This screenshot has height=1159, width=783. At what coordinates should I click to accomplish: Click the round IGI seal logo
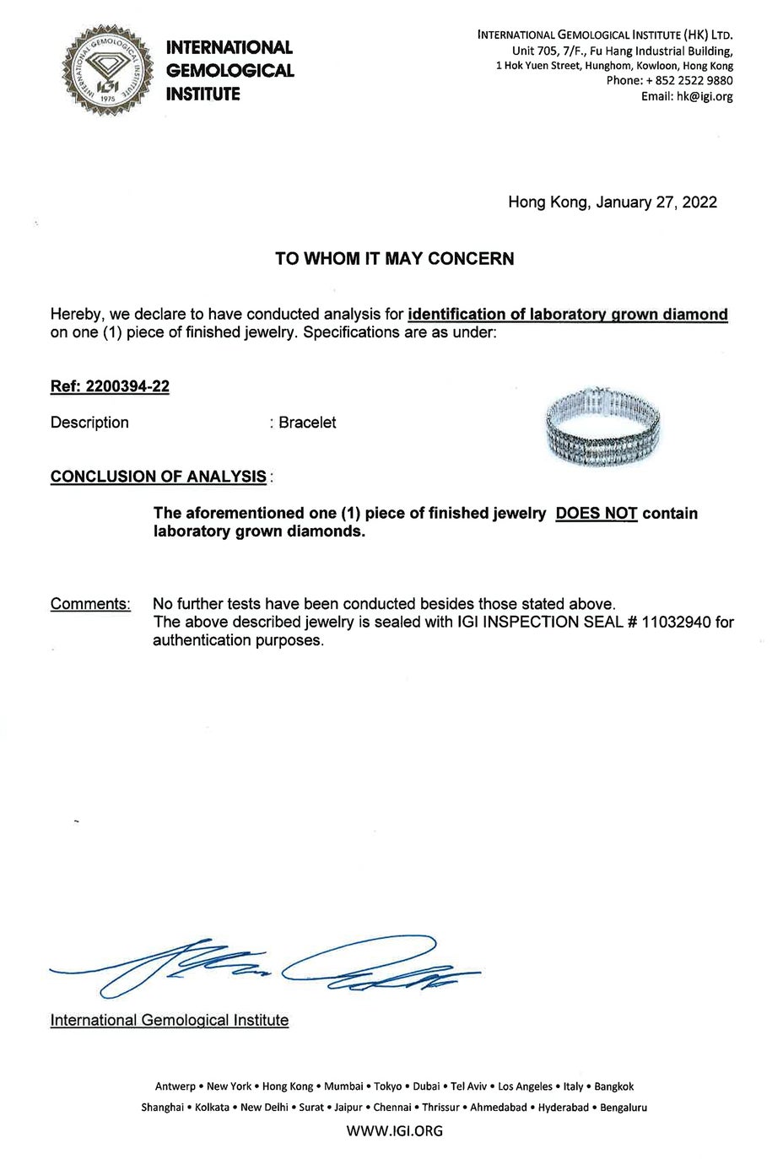pyautogui.click(x=107, y=71)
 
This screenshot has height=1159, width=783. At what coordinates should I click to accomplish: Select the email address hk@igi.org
pyautogui.click(x=704, y=96)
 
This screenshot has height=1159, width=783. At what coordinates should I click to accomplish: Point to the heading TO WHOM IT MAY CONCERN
pyautogui.click(x=394, y=259)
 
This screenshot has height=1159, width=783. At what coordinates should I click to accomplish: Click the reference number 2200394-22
pyautogui.click(x=127, y=386)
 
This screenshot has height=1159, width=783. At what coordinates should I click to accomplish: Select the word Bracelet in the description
pyautogui.click(x=307, y=423)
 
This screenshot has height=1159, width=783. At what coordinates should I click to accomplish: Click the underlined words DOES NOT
pyautogui.click(x=596, y=514)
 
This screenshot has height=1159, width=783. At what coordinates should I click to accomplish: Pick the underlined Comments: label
pyautogui.click(x=90, y=604)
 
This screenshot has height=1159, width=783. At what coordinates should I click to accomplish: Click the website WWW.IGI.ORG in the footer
pyautogui.click(x=394, y=1130)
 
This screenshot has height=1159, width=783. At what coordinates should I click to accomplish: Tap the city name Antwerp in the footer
pyautogui.click(x=175, y=1086)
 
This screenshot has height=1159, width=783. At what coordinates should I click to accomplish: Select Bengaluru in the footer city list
pyautogui.click(x=624, y=1108)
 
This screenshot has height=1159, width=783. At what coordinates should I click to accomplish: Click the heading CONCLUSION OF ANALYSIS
pyautogui.click(x=159, y=477)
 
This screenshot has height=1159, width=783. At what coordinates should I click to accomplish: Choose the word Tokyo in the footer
pyautogui.click(x=387, y=1086)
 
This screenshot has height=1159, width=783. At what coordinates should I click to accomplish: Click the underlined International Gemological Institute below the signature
pyautogui.click(x=170, y=1021)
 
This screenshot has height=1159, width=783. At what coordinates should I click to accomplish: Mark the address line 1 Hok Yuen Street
pyautogui.click(x=614, y=66)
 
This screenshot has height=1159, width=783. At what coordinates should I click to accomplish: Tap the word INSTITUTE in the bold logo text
pyautogui.click(x=202, y=94)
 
